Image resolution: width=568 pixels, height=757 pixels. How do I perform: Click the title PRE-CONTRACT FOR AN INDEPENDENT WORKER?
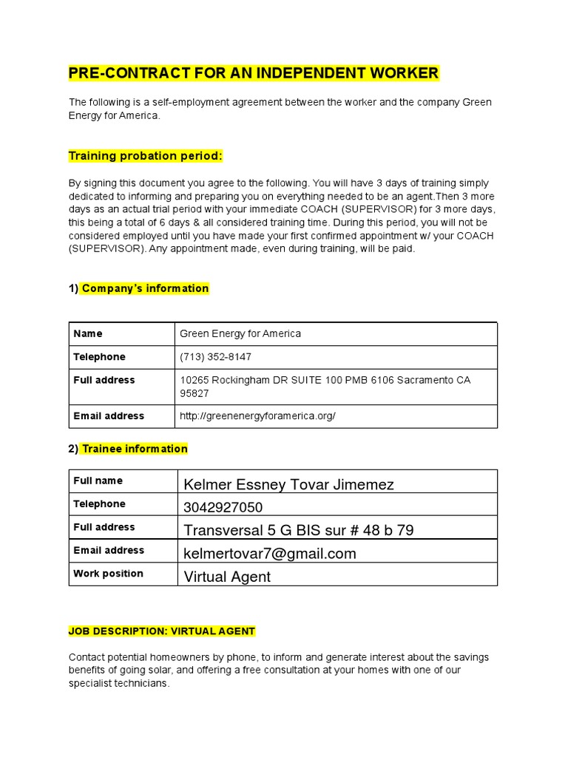(x=254, y=72)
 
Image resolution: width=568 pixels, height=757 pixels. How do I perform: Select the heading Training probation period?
(x=145, y=156)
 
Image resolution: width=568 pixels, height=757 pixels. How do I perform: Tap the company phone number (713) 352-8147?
(x=215, y=357)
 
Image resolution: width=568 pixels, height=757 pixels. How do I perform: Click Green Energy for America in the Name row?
(x=240, y=333)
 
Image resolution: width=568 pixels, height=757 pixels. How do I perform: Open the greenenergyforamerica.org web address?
(x=257, y=416)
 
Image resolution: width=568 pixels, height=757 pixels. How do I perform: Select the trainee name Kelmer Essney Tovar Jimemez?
(x=288, y=484)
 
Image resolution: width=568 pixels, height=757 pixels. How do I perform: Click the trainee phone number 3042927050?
(x=223, y=507)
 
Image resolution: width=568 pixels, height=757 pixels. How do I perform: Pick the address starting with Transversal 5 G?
(x=298, y=530)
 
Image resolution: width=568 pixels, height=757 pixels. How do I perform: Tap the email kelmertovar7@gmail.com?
(x=269, y=553)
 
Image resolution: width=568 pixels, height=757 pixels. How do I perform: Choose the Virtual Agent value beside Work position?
(x=227, y=577)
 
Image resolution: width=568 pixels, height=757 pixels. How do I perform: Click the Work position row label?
(x=108, y=574)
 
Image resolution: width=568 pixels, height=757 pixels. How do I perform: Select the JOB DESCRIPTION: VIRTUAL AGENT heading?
(x=162, y=631)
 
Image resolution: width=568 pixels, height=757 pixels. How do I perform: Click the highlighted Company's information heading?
(x=145, y=288)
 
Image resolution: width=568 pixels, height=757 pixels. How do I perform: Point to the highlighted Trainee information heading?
(x=135, y=449)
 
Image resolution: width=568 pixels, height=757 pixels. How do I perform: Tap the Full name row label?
(x=98, y=481)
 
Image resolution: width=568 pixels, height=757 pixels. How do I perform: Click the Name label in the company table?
(x=88, y=333)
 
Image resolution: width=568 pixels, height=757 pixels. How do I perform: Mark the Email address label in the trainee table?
(x=109, y=550)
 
